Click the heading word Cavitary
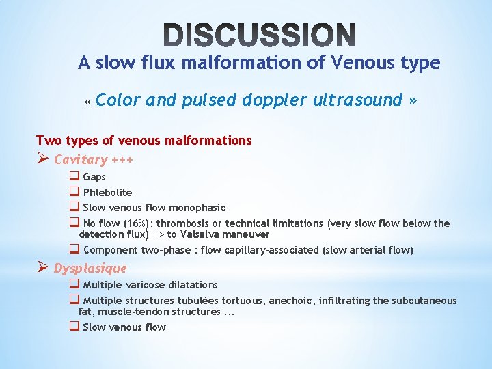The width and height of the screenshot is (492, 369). click(81, 160)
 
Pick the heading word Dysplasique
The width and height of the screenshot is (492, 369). click(90, 268)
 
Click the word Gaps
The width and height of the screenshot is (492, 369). click(94, 177)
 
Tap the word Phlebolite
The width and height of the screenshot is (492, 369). click(107, 193)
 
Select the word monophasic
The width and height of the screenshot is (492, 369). click(200, 208)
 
